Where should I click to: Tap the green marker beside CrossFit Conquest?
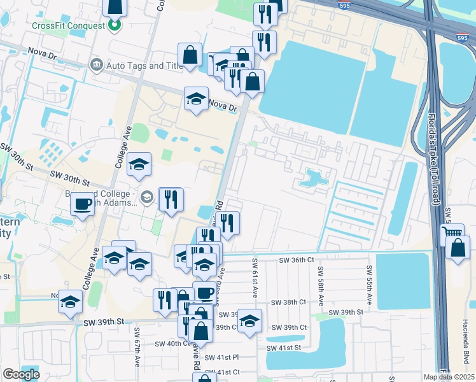[x=115, y=25]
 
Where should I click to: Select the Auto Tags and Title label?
[x=145, y=65]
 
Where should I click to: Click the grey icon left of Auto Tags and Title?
[x=97, y=64]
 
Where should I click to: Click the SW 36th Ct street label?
[x=297, y=260]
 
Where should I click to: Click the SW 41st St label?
[x=284, y=348]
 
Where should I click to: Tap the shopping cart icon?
[x=452, y=234]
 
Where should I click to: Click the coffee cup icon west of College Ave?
[x=82, y=204]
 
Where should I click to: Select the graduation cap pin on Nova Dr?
[x=197, y=99]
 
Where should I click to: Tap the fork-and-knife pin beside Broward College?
[x=171, y=199]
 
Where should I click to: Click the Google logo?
[x=21, y=374]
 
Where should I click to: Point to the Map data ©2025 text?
[x=449, y=377]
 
